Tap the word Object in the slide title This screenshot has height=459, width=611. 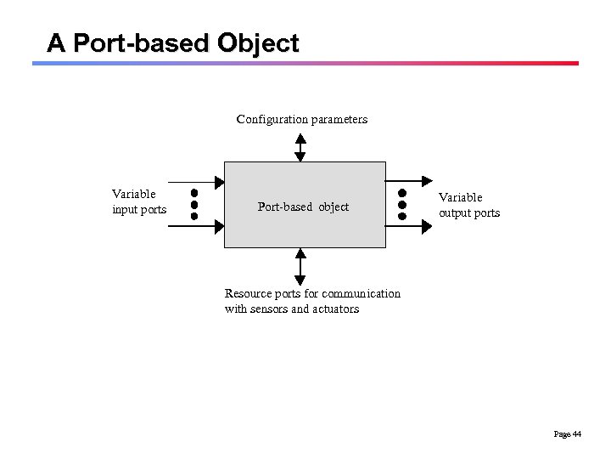click(x=258, y=42)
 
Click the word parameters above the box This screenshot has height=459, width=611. click(x=339, y=119)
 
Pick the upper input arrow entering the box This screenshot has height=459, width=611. click(x=195, y=181)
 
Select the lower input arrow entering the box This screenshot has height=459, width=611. click(x=195, y=225)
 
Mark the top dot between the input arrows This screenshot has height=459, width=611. click(x=194, y=193)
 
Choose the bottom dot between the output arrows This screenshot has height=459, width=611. click(x=402, y=216)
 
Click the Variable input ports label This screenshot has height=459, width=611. click(x=139, y=201)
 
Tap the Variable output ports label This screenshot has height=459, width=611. click(x=469, y=205)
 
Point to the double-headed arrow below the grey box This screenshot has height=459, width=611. click(x=300, y=265)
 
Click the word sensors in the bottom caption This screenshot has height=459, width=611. click(x=269, y=309)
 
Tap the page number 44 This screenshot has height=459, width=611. click(x=577, y=434)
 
